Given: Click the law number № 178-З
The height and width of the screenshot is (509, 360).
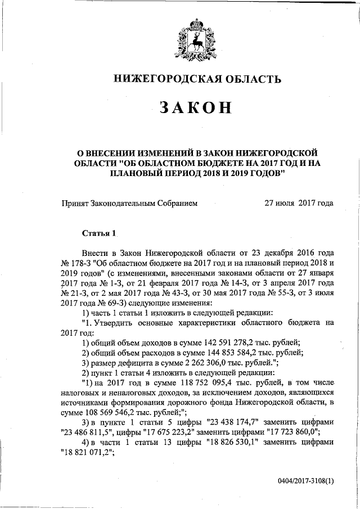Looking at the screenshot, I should [x=74, y=263].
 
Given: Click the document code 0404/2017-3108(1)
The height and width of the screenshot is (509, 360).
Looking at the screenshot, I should [x=305, y=483].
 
